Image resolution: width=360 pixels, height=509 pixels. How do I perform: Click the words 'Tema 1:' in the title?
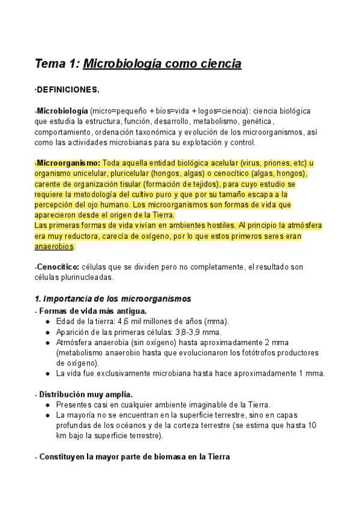pos(56,64)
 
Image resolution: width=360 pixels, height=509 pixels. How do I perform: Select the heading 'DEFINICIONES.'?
pos(67,89)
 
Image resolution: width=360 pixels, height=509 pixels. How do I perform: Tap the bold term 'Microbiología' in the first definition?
pos(62,112)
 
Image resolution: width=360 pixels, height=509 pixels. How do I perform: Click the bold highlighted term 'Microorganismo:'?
pos(68,163)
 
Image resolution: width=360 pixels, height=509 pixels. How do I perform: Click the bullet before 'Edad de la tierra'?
pos(47,321)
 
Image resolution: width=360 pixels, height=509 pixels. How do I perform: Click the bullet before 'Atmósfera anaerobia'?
pos(47,343)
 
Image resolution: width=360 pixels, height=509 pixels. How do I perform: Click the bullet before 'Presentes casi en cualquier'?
pos(47,405)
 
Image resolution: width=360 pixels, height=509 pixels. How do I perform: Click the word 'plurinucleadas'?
pos(85,277)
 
